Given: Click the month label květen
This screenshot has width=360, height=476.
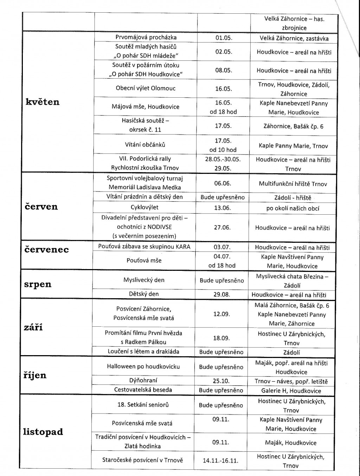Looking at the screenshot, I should tap(43, 102).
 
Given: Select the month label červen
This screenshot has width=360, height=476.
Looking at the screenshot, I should tap(41, 206).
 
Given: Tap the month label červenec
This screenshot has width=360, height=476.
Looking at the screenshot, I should tap(46, 250).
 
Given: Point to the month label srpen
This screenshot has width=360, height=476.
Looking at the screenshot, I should tap(38, 284).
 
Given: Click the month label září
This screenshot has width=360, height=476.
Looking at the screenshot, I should tap(33, 327).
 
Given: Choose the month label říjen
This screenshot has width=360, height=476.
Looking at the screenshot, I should tap(35, 375).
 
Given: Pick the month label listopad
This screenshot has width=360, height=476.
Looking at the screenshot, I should tap(43, 431).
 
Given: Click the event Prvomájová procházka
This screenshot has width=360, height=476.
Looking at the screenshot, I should tap(146, 37).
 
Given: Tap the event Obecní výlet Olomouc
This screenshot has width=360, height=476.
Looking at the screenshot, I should tap(146, 88).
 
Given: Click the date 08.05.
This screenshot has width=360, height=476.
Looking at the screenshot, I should tap(224, 70).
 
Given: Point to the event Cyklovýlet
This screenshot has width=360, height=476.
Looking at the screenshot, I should tap(144, 207).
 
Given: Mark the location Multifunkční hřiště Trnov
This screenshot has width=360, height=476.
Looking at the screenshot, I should tap(293, 184).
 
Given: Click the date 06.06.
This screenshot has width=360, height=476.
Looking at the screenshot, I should tap(223, 183).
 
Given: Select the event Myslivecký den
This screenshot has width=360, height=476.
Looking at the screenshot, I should tap(144, 280).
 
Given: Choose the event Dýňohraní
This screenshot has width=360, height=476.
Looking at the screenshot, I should tap(143, 380).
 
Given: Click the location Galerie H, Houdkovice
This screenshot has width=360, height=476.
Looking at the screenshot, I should tap(291, 391).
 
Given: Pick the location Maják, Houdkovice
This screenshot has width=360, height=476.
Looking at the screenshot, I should tap(291, 443).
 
